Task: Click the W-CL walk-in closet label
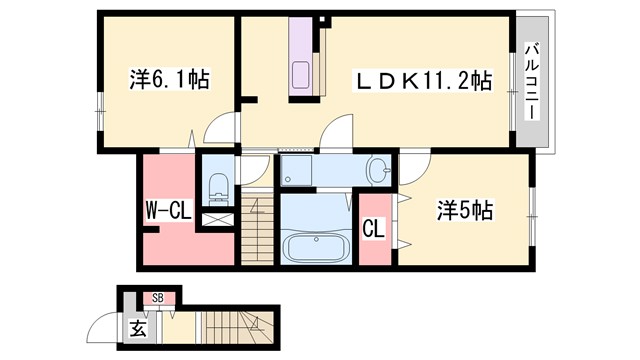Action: [x=164, y=212]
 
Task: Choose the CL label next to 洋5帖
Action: [x=373, y=229]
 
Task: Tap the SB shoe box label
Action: [x=158, y=297]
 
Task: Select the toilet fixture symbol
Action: [x=217, y=185]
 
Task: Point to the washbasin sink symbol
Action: [x=378, y=171]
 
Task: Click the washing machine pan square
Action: [x=296, y=171]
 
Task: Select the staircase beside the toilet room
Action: [x=256, y=231]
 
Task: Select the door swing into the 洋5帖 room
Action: [x=415, y=165]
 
